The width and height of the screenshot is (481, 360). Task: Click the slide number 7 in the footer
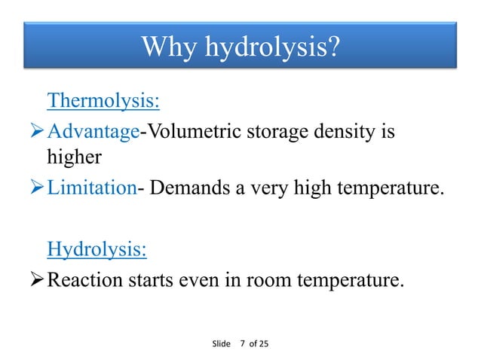coord(242,343)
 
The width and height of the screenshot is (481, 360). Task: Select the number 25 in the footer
coord(262,343)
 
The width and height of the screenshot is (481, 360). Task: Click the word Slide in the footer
coord(221,343)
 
